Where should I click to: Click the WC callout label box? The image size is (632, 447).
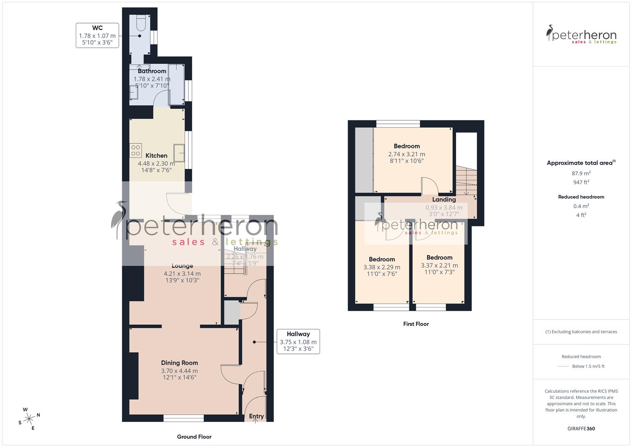click(x=97, y=36)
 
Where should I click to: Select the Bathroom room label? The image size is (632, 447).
click(x=152, y=71)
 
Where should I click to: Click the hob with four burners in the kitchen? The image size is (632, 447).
click(x=136, y=150)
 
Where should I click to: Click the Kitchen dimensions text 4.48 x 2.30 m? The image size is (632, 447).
click(x=156, y=163)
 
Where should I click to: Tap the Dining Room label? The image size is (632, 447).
click(x=179, y=363)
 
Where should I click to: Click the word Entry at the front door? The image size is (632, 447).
click(x=256, y=416)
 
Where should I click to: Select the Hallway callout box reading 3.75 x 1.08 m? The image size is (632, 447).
click(x=298, y=341)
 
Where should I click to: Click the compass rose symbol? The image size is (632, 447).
click(x=29, y=419)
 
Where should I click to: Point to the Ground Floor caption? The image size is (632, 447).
click(x=194, y=437)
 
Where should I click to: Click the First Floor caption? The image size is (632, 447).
click(x=416, y=324)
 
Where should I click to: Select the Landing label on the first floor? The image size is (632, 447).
click(x=444, y=199)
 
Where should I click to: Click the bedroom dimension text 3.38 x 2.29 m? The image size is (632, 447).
click(x=382, y=267)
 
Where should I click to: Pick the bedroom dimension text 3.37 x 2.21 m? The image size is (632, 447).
click(x=439, y=266)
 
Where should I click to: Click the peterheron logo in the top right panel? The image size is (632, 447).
click(x=581, y=35)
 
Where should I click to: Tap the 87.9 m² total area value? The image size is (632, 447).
click(x=581, y=173)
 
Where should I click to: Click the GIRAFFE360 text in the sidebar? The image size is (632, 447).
click(x=581, y=428)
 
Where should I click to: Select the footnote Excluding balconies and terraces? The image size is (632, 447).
click(x=581, y=332)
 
